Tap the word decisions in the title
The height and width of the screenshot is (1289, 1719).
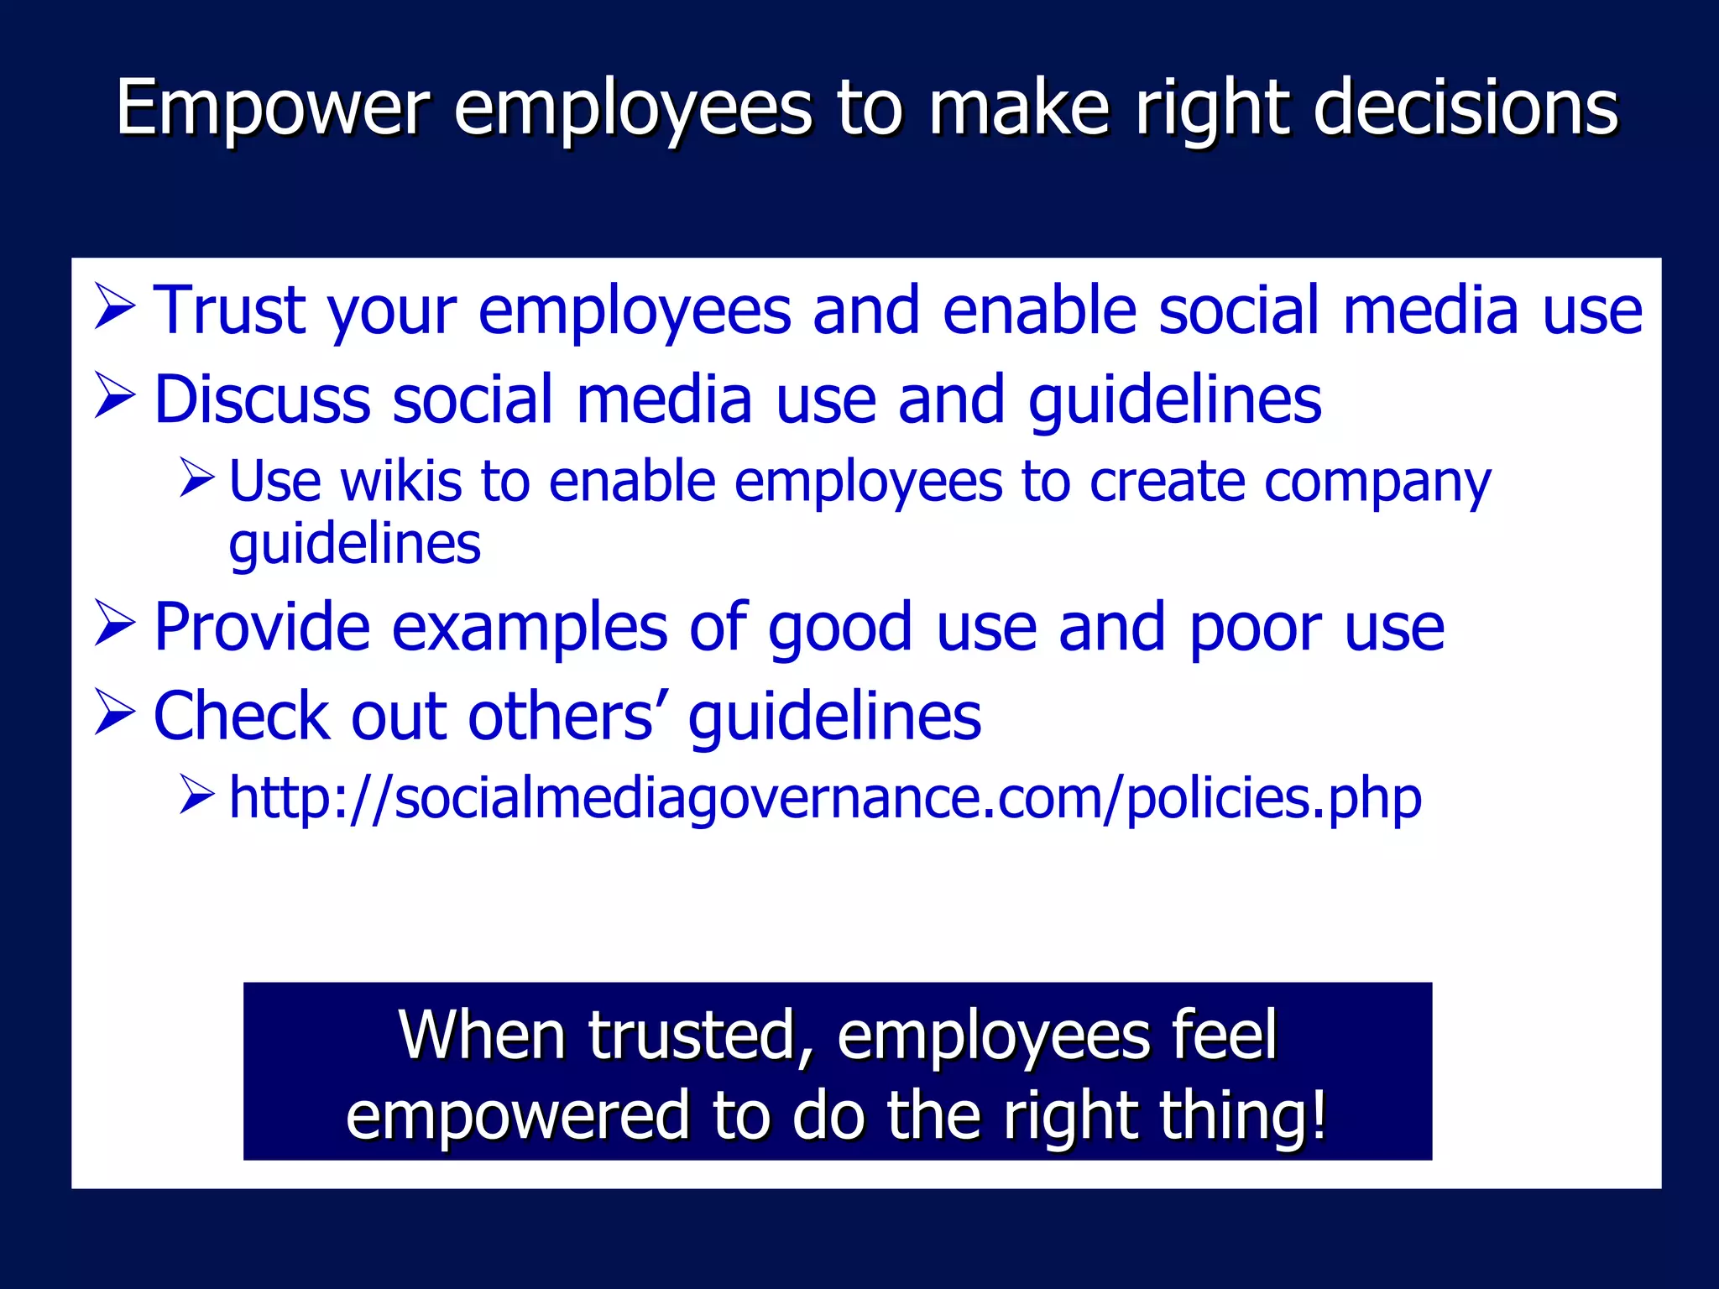[1466, 107]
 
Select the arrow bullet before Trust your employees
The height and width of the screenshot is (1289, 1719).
[115, 307]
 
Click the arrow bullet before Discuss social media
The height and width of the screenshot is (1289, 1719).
[115, 397]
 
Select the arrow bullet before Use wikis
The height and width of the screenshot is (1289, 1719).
[198, 479]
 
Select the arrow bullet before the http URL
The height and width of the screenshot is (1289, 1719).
[198, 796]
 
